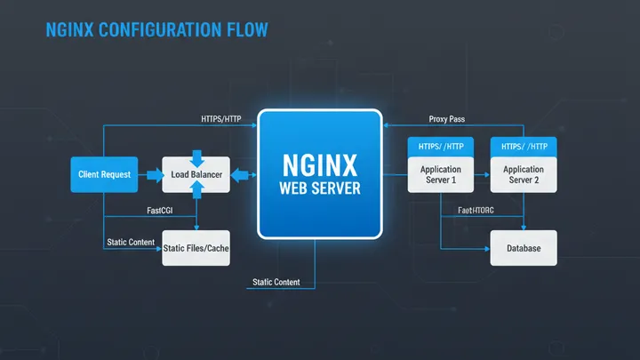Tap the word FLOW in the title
(x=246, y=30)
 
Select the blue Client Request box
(x=103, y=174)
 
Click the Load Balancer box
(x=196, y=174)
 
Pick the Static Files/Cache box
(x=196, y=249)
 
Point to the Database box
(x=524, y=248)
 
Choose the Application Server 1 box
(x=441, y=174)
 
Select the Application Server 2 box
(x=524, y=174)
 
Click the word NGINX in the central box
(x=319, y=164)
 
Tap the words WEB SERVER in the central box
(x=319, y=189)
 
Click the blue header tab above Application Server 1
(x=441, y=147)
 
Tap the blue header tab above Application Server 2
(x=524, y=147)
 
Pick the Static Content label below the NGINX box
(x=276, y=282)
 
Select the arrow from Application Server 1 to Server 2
(x=483, y=175)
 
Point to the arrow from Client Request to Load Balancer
(x=148, y=174)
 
